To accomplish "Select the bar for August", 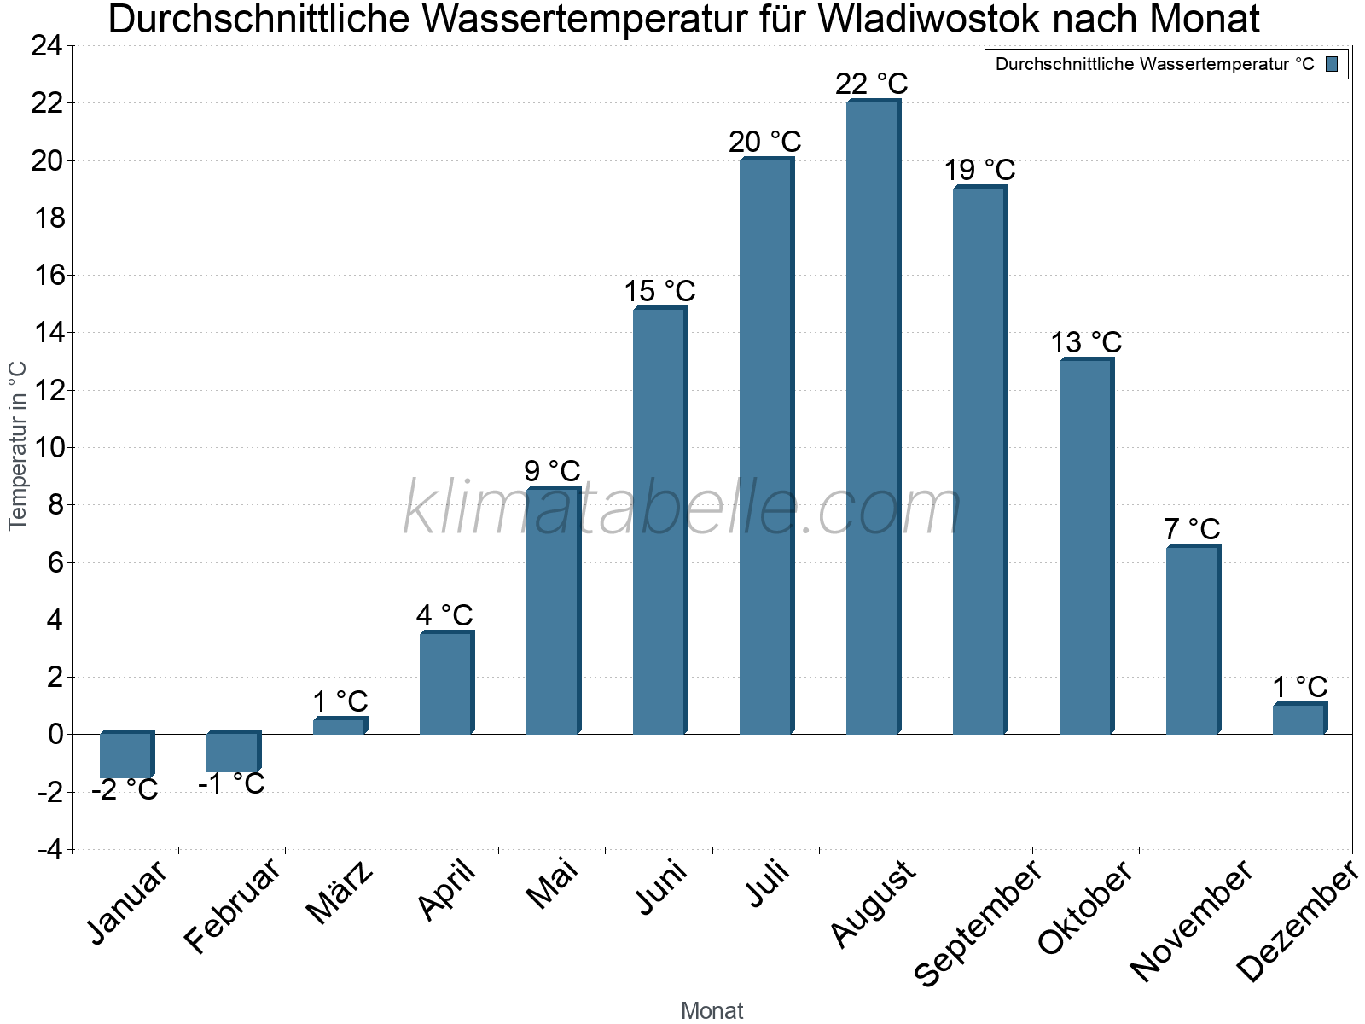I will [x=872, y=418].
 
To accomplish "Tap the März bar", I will [x=339, y=726].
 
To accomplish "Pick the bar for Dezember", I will [x=1298, y=719].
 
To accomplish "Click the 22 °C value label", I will [x=872, y=84].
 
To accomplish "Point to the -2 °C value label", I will [x=125, y=790].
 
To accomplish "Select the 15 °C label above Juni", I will [x=659, y=291].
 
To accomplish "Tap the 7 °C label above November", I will [x=1192, y=528].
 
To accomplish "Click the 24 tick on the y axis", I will [x=46, y=46].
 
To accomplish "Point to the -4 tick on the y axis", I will [x=49, y=850].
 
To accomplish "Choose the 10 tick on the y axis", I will [x=46, y=447].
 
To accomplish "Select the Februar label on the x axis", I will [x=232, y=906].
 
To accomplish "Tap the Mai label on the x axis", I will [x=553, y=884].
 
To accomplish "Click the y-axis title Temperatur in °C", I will [x=18, y=445].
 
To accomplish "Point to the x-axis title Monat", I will [x=712, y=1010].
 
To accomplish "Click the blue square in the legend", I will [x=1332, y=64].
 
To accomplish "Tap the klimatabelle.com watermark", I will [x=682, y=509].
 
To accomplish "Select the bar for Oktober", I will [x=1085, y=546].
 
